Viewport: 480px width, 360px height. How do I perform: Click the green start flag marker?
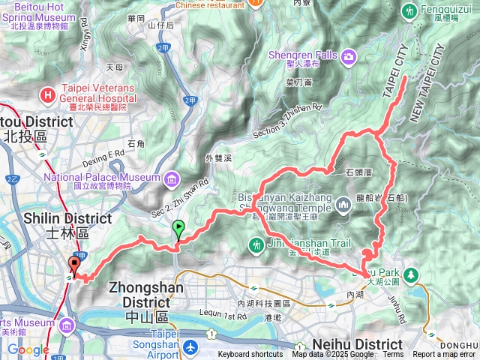coord(178,228)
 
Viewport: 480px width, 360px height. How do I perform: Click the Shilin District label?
coord(37,223)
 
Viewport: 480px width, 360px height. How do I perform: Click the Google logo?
coord(28,349)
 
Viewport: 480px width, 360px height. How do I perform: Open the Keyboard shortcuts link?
coord(250,355)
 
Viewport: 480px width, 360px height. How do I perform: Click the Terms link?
coord(393,355)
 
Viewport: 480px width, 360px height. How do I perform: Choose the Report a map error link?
coord(444,355)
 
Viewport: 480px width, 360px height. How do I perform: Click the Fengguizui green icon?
coord(409,11)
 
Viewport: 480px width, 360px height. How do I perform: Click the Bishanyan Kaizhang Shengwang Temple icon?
coord(343,203)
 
